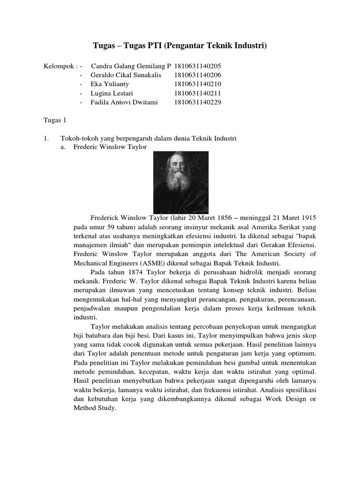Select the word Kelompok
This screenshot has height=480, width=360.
[58, 66]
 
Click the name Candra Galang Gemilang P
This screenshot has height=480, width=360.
[131, 66]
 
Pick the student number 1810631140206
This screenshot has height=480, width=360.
[197, 75]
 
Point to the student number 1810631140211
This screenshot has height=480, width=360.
[197, 93]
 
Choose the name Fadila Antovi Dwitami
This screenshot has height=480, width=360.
[124, 102]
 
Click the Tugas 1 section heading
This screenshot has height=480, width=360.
[55, 120]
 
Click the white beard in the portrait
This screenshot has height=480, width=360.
[180, 185]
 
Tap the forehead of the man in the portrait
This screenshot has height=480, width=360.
[180, 160]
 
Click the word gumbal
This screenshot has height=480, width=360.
[244, 363]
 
